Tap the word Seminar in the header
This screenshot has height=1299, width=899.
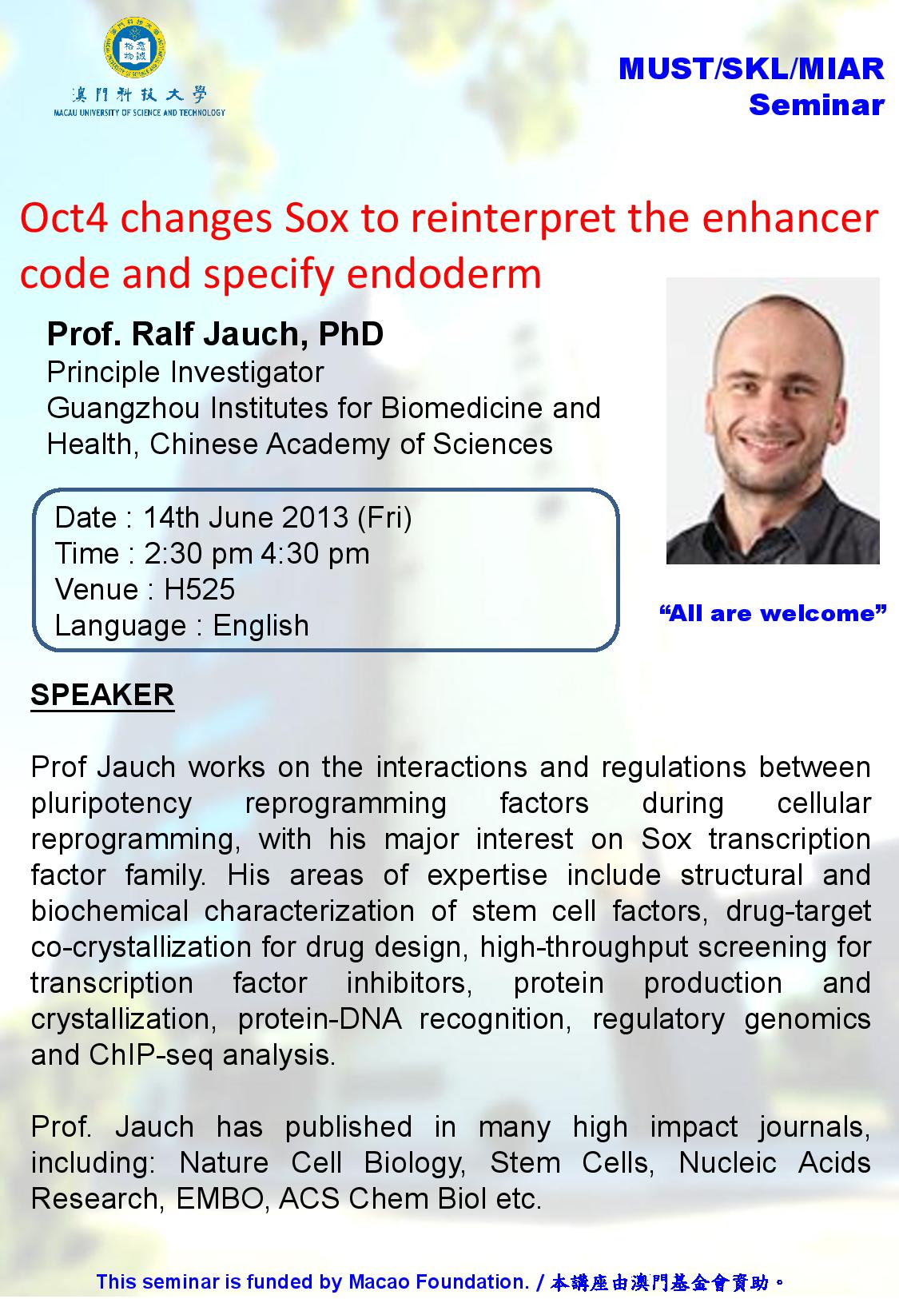(x=816, y=105)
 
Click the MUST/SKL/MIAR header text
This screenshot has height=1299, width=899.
(x=751, y=70)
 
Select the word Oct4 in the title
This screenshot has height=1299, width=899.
(x=65, y=218)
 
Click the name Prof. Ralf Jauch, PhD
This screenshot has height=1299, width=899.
(x=215, y=334)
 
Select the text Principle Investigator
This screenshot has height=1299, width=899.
(x=185, y=373)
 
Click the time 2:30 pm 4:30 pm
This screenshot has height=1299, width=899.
(x=257, y=553)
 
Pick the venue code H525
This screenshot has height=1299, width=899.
(x=199, y=589)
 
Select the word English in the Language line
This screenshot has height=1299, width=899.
(x=261, y=625)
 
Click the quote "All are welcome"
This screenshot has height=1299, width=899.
(x=773, y=613)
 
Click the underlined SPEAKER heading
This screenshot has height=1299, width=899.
(x=102, y=694)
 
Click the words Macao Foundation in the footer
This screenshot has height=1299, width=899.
(x=438, y=1282)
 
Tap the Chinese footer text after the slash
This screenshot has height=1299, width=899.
(x=667, y=1282)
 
